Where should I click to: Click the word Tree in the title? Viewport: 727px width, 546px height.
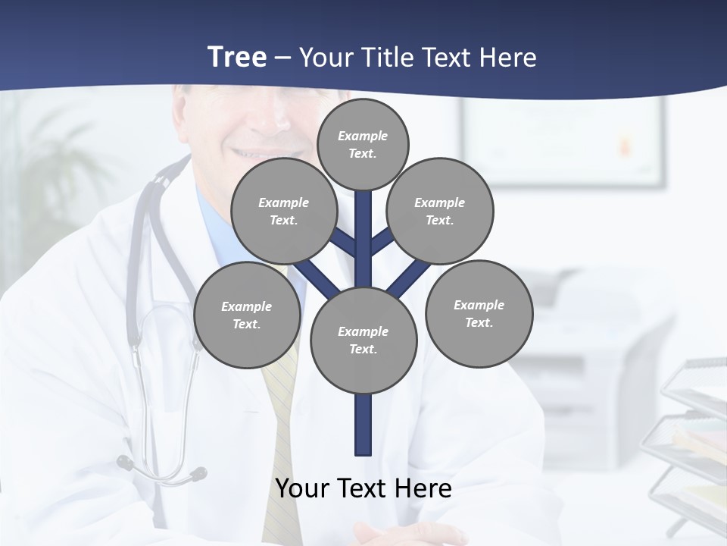(x=237, y=57)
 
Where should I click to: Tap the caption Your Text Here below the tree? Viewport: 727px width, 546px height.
(x=363, y=488)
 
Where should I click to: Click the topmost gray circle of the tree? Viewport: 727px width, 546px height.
(x=363, y=144)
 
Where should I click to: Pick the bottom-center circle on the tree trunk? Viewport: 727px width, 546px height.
(x=363, y=340)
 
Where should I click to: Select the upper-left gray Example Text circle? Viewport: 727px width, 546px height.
(x=284, y=211)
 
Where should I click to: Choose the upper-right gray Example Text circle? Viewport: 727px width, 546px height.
(x=440, y=211)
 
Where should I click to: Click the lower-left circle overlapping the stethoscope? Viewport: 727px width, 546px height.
(x=247, y=315)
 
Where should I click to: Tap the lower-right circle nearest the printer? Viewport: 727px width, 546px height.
(x=479, y=313)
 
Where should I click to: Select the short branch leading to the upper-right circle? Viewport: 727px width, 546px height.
(x=382, y=242)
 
